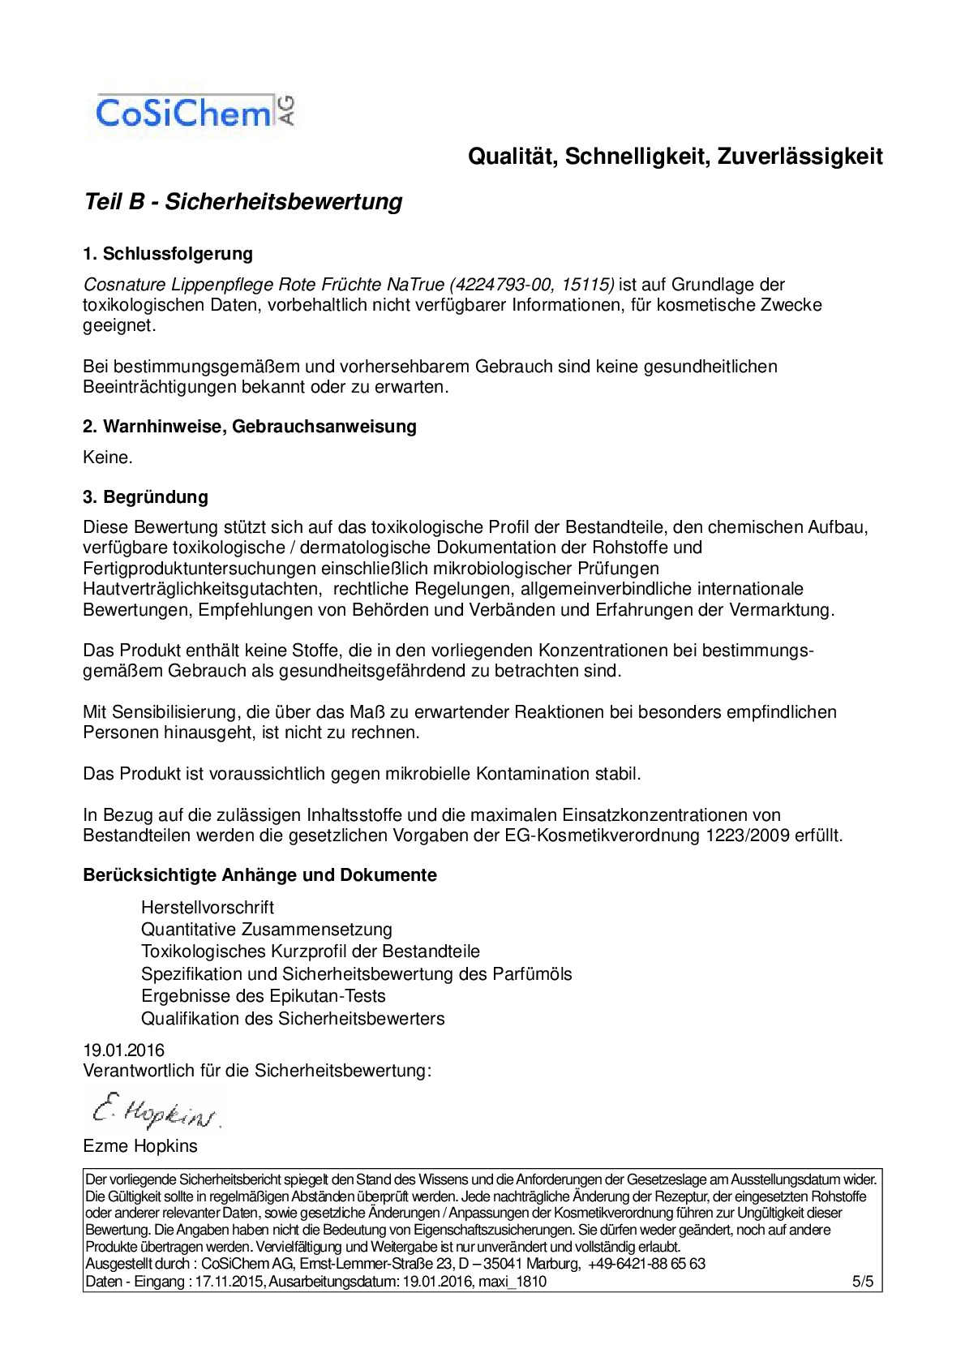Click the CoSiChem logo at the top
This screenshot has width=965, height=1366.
195,113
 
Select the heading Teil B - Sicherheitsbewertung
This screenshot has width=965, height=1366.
243,201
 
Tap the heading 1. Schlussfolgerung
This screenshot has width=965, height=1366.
168,254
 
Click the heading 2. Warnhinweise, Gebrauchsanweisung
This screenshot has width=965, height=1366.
250,427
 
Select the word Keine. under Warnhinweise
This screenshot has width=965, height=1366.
108,457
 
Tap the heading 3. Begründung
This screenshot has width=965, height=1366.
146,497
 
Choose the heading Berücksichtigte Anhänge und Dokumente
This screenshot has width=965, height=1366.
259,875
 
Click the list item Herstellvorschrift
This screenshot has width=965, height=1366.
208,908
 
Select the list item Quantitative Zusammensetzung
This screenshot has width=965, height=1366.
267,930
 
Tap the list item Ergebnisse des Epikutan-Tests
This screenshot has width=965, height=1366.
264,996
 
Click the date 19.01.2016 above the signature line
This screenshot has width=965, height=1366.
123,1050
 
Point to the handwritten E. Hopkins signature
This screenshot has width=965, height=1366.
154,1111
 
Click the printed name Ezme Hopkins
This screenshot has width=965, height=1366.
140,1146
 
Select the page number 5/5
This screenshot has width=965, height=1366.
862,1282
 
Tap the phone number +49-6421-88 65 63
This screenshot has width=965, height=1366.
646,1264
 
